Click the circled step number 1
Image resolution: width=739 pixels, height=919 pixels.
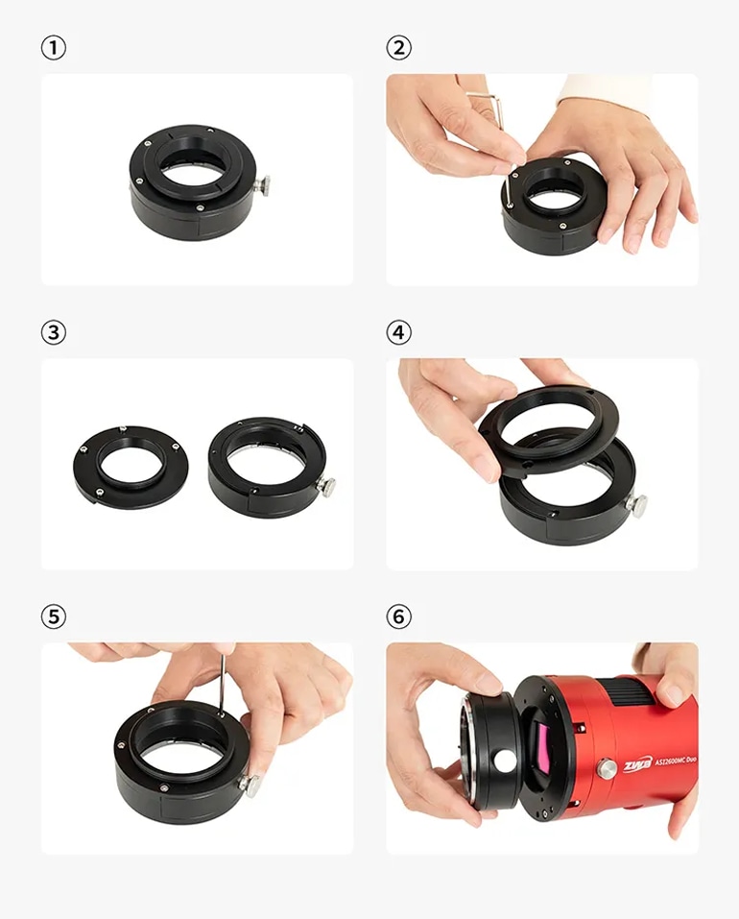[x=54, y=47]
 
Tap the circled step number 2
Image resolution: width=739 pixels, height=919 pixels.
[x=399, y=47]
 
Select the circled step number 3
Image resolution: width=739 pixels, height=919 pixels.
[x=54, y=332]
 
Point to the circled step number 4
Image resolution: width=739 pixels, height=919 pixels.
[x=399, y=332]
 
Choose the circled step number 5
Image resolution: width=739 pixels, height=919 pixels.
[x=54, y=617]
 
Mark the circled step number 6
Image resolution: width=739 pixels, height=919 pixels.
[x=399, y=617]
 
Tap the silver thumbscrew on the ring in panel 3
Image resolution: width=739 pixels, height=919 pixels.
[x=326, y=486]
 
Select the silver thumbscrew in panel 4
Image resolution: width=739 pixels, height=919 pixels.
[x=636, y=503]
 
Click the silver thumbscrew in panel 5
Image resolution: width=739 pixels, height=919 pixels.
[x=250, y=783]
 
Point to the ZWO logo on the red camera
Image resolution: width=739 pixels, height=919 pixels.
[x=636, y=764]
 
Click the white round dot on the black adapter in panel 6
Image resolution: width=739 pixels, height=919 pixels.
[x=504, y=761]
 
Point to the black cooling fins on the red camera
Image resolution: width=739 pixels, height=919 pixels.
[x=633, y=692]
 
